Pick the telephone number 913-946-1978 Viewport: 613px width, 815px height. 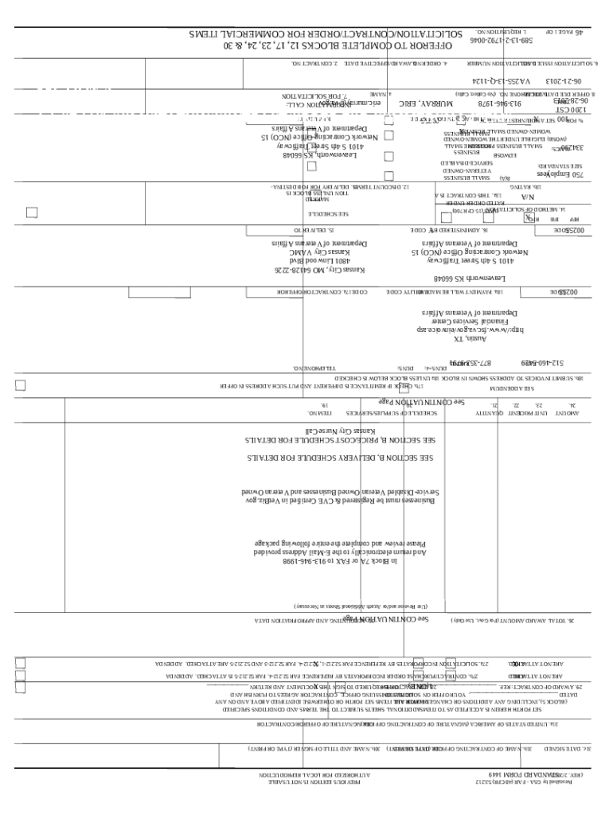click(x=499, y=103)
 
